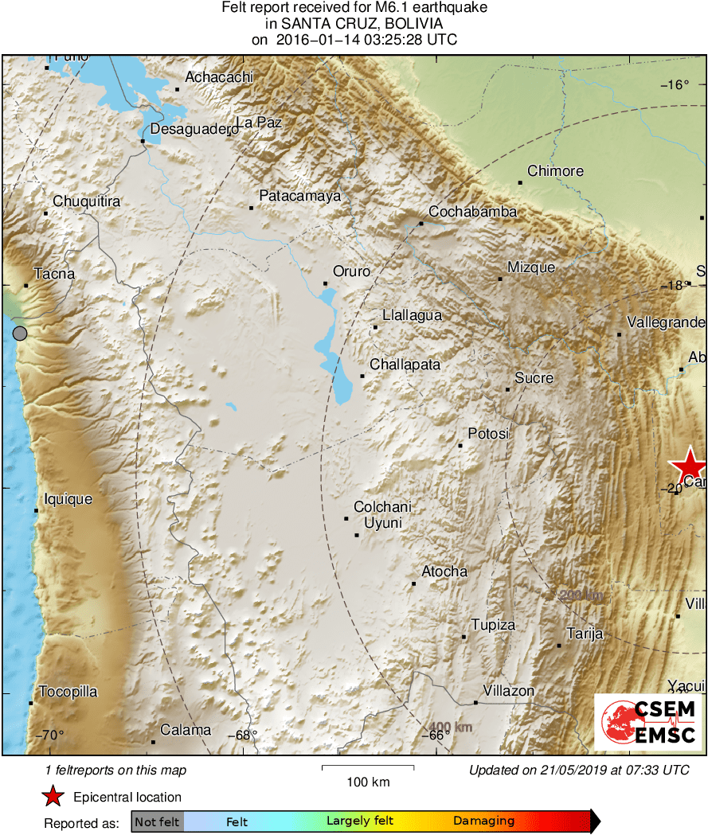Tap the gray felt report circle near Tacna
tap(20, 334)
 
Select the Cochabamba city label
tap(472, 212)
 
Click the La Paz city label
tap(259, 123)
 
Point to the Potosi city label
tap(487, 434)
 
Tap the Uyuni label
tap(382, 523)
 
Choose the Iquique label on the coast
tap(68, 499)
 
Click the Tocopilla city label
tap(68, 692)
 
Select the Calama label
tap(186, 730)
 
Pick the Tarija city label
tap(584, 634)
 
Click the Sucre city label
tap(534, 378)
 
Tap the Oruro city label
tap(351, 271)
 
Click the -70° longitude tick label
tap(49, 736)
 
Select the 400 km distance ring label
tap(452, 727)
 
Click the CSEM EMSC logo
tap(648, 722)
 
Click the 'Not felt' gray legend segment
tap(157, 821)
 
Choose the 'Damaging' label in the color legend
tap(483, 821)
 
